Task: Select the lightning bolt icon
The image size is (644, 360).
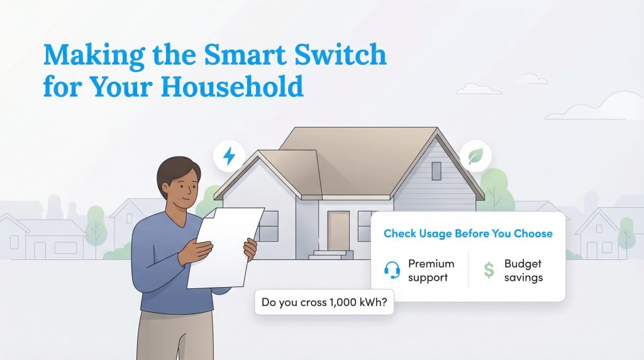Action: [x=230, y=155]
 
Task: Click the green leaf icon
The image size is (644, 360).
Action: [x=475, y=155]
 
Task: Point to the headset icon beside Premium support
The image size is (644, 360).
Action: [x=392, y=270]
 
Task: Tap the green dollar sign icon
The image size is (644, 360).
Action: [x=489, y=270]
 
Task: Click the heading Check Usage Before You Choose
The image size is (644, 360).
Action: [x=468, y=233]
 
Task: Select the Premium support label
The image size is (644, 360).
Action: [x=431, y=270]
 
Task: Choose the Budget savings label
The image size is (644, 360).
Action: [x=523, y=270]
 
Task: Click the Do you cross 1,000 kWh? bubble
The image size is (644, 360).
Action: [x=324, y=303]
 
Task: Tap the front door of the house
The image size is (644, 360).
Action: [x=338, y=230]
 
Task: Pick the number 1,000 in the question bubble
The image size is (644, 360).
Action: [x=343, y=303]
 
